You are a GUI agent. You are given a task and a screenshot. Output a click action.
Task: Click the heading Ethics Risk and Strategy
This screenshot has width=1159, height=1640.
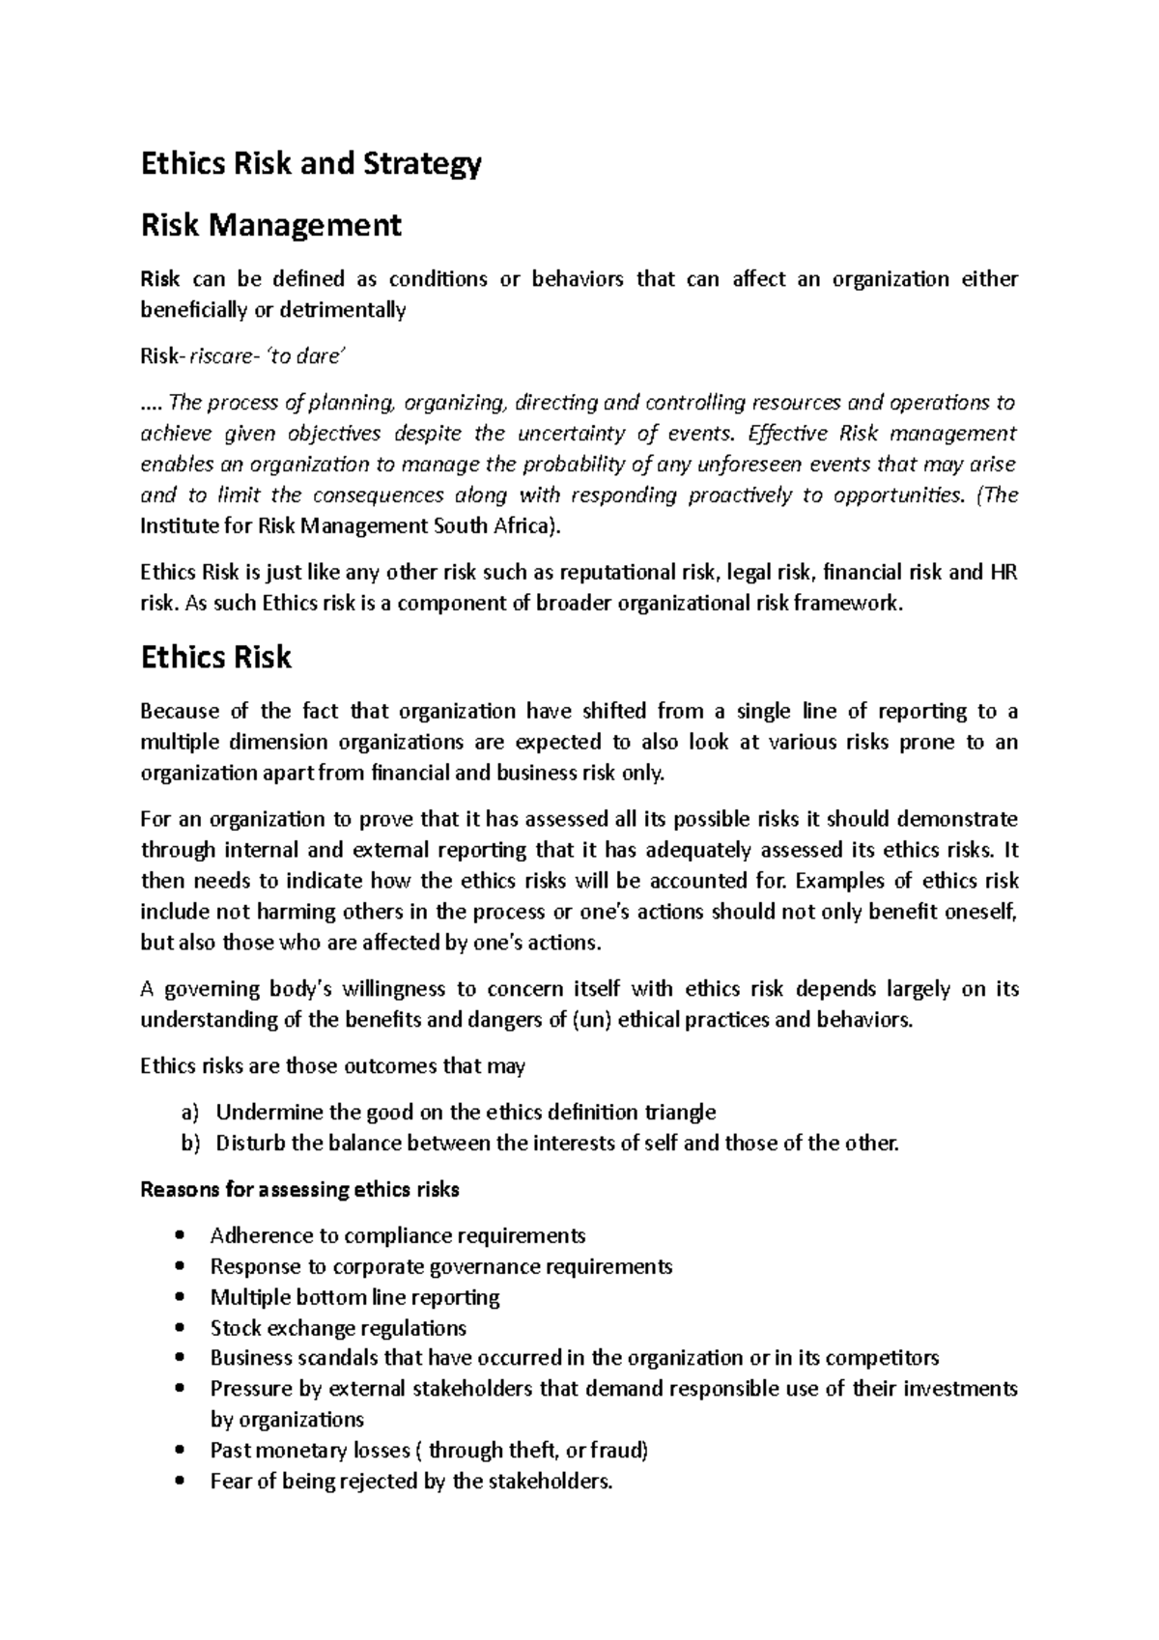(x=310, y=164)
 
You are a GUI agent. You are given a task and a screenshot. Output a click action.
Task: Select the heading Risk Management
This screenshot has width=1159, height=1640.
(x=270, y=226)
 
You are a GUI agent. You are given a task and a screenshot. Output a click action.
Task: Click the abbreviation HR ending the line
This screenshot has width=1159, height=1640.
(x=1004, y=573)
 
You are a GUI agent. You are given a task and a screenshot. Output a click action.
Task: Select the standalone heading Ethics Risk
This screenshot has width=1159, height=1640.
(x=215, y=658)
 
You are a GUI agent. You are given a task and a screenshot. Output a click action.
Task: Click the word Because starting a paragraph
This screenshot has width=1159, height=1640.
(x=180, y=712)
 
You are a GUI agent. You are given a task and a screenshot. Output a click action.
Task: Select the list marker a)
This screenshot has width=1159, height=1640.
(x=189, y=1112)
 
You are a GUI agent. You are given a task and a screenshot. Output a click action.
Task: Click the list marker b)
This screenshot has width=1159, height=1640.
(x=189, y=1144)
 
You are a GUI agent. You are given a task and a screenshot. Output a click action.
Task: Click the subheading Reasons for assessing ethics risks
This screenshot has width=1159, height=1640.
(x=299, y=1190)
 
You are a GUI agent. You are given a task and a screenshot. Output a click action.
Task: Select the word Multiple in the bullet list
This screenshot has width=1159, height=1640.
(x=242, y=1297)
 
